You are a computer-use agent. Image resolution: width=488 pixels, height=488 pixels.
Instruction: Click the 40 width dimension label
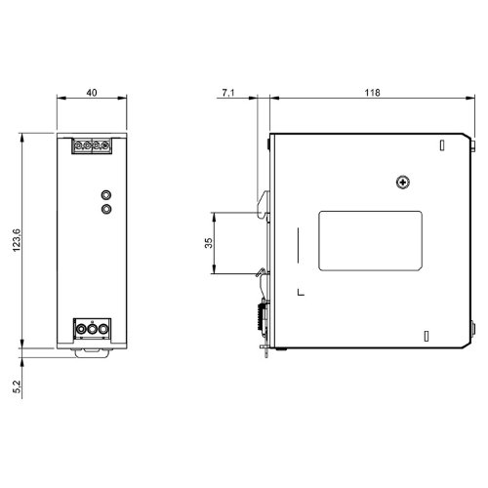[92, 93]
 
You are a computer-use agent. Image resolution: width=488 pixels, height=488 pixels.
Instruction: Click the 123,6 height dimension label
[17, 240]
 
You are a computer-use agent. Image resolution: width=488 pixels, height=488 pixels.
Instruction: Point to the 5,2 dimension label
[17, 386]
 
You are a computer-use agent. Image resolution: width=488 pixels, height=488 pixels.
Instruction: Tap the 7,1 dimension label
[228, 93]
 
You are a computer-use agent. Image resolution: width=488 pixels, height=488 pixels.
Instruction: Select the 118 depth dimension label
[372, 93]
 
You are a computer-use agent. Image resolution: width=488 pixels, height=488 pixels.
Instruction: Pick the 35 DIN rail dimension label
[209, 243]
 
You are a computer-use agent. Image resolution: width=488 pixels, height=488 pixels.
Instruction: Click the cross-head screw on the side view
[403, 182]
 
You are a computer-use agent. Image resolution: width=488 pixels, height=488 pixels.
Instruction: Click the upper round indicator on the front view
[106, 195]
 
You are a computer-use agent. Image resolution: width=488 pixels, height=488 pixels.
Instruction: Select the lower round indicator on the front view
[106, 209]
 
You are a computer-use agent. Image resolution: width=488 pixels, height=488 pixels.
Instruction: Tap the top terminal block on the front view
[92, 145]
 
